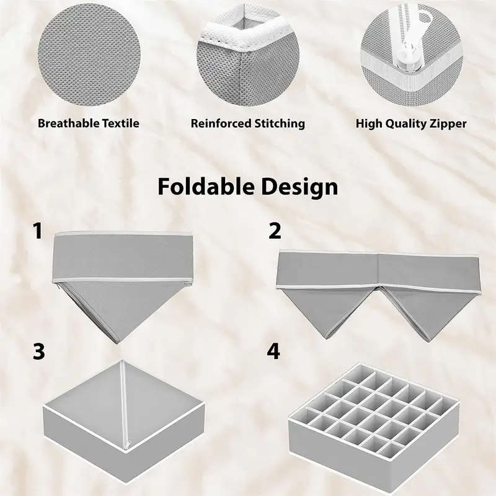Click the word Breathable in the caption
click(64, 123)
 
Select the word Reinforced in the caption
click(220, 123)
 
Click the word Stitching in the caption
click(279, 123)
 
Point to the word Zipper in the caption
click(448, 123)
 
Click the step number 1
click(38, 232)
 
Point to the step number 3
click(38, 352)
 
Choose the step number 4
click(273, 352)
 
